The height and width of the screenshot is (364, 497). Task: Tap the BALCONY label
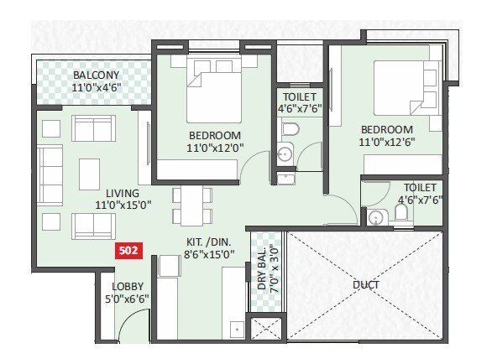click(96, 75)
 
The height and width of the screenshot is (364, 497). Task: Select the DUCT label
click(366, 285)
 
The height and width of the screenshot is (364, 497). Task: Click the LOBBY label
click(128, 285)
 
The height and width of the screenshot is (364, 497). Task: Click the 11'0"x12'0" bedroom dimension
click(215, 148)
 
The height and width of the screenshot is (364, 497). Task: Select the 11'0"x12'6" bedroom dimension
click(387, 143)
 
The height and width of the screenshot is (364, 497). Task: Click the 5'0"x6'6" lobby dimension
click(128, 298)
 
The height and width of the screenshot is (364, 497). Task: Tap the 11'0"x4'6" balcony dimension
click(96, 87)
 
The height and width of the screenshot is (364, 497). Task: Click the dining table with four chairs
click(191, 205)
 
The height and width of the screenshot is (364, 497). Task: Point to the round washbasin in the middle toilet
click(284, 154)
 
